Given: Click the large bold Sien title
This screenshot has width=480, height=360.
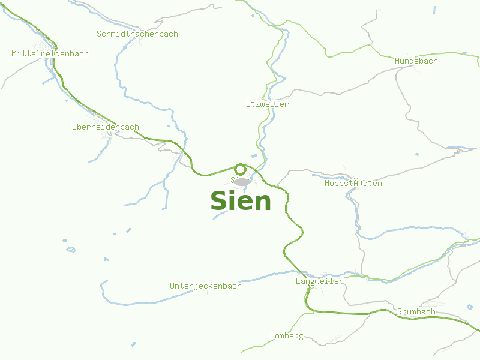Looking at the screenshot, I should click(x=241, y=200).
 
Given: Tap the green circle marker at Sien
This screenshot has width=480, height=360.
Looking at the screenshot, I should click(x=241, y=169).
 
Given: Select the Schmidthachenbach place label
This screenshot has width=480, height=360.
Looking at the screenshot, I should click(x=137, y=34).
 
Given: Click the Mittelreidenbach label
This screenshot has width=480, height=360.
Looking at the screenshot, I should click(x=50, y=54).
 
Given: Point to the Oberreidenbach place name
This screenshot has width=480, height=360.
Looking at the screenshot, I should click(x=105, y=127).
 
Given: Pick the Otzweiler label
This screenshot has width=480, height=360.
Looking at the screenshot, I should click(x=267, y=104).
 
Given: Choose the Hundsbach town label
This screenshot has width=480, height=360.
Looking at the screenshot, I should click(x=416, y=61).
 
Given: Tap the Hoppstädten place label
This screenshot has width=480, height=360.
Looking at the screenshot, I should click(x=353, y=184).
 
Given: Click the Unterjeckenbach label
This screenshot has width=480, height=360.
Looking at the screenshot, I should click(x=206, y=286).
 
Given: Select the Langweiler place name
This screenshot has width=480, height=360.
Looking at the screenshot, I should click(x=319, y=281).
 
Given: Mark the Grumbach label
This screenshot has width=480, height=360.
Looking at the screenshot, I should click(x=416, y=312).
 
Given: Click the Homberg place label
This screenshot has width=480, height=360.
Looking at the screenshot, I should click(x=286, y=336).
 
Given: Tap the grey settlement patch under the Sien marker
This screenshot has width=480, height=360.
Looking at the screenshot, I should click(x=241, y=181).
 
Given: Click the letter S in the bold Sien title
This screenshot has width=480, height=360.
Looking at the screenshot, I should click(x=218, y=200).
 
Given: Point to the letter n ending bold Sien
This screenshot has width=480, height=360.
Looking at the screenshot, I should click(x=263, y=202).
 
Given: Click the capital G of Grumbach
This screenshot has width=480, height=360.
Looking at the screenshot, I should click(x=400, y=312).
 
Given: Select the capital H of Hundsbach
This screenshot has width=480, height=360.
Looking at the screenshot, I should click(x=397, y=61).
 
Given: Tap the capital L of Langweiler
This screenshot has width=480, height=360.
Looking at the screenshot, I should click(x=298, y=281).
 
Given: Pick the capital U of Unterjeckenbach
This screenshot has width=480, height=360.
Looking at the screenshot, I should click(x=173, y=286).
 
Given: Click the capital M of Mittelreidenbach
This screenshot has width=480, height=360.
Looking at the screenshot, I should click(x=14, y=54).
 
